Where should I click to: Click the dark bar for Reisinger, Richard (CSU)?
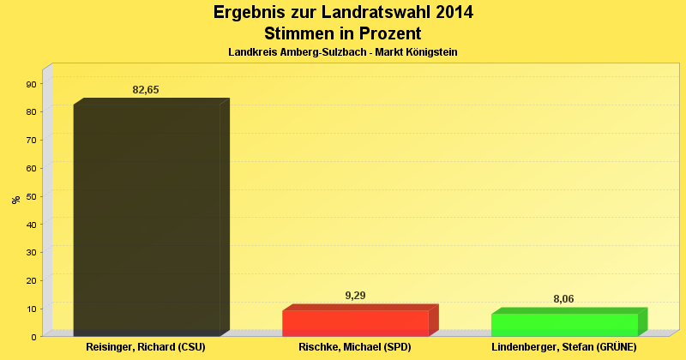tap(147, 219)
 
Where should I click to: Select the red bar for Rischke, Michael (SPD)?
tap(355, 322)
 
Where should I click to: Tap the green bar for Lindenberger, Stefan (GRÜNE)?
tap(564, 324)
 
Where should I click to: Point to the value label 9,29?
tap(355, 296)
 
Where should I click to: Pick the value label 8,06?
tap(563, 299)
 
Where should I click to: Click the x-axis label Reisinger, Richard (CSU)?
tap(147, 348)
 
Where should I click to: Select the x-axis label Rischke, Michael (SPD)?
tap(355, 348)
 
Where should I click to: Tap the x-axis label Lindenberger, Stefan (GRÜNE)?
tap(563, 348)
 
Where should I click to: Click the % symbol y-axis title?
tap(15, 200)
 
